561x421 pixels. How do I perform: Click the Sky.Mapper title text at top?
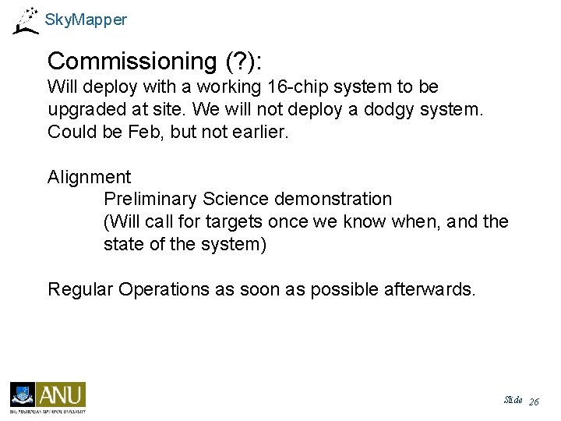tap(86, 20)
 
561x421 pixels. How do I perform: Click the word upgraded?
tap(86, 109)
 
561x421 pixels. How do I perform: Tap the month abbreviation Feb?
tap(142, 132)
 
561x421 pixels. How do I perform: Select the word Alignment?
tap(89, 178)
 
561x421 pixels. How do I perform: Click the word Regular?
tap(80, 289)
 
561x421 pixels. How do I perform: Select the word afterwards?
tap(429, 289)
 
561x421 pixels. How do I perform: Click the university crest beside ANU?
tap(23, 394)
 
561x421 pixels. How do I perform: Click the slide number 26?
tap(534, 402)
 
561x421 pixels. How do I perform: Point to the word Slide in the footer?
tap(513, 400)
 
